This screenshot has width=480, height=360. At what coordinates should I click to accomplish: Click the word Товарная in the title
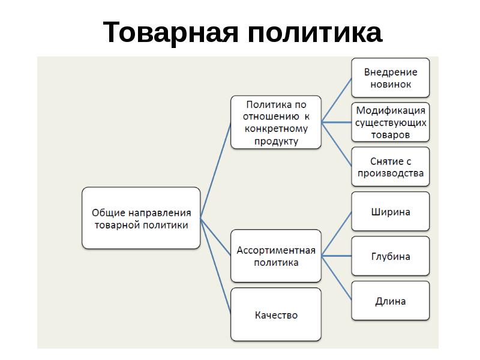[170, 32]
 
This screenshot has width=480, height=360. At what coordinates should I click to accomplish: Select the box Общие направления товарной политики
[141, 218]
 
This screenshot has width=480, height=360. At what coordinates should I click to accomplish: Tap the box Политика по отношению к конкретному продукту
[276, 122]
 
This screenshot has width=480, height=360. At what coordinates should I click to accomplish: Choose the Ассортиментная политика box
[276, 256]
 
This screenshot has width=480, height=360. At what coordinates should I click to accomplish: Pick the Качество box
[276, 314]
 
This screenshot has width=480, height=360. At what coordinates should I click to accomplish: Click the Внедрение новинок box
[391, 78]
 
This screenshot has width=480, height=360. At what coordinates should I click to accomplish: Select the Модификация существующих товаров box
[391, 122]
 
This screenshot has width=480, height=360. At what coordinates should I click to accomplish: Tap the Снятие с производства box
[391, 167]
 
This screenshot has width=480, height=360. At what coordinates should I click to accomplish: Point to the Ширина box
[391, 211]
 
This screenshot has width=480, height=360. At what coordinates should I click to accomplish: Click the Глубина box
[391, 256]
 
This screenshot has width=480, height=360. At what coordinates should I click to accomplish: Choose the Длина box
[391, 301]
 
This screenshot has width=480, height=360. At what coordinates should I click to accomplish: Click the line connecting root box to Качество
[215, 266]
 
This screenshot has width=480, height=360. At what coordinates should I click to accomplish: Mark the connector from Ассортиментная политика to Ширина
[337, 233]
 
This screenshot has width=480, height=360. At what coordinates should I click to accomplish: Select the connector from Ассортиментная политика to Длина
[337, 278]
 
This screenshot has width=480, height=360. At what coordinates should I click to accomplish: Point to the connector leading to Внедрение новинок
[337, 100]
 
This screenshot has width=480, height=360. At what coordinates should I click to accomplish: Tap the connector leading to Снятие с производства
[337, 145]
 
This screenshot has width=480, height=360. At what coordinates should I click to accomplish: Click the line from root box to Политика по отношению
[215, 170]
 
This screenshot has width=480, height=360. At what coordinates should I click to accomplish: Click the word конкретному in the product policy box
[276, 129]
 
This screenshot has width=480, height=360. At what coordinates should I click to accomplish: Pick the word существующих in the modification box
[391, 123]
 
